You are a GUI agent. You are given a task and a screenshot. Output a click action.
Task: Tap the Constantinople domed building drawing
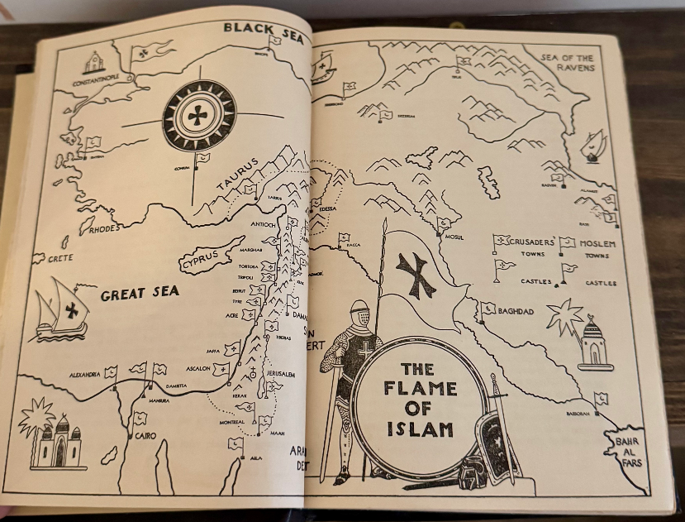coord(93,63)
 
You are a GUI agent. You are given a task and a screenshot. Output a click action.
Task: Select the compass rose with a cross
coord(199,115)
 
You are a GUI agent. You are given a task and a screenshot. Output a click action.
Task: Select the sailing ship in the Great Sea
coord(61,310)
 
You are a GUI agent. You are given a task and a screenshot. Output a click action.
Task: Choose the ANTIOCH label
coord(264,223)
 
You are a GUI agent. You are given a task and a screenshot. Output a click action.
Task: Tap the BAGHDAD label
coord(516,311)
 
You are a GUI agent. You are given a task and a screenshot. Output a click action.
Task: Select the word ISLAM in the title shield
coord(420,429)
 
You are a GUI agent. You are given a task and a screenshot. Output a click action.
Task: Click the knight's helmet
coord(359,315)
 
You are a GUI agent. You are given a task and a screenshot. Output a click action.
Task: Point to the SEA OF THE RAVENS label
coord(568,63)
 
